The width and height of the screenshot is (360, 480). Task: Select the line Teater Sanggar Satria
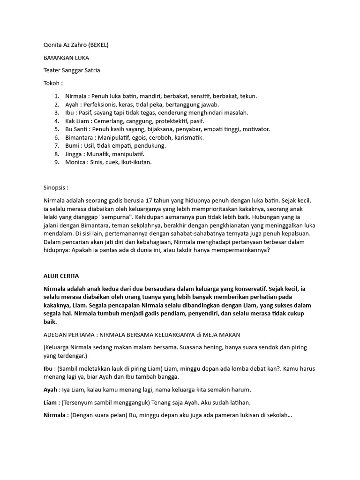point(71,71)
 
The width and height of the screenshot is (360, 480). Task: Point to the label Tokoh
point(52,83)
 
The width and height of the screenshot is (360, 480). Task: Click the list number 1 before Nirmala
point(56,96)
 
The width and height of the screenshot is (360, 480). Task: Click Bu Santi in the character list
point(76,129)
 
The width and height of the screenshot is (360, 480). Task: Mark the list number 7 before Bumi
point(56,146)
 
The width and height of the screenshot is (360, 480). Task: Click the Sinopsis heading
point(55,187)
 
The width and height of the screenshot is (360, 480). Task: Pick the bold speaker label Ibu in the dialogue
point(48,369)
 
